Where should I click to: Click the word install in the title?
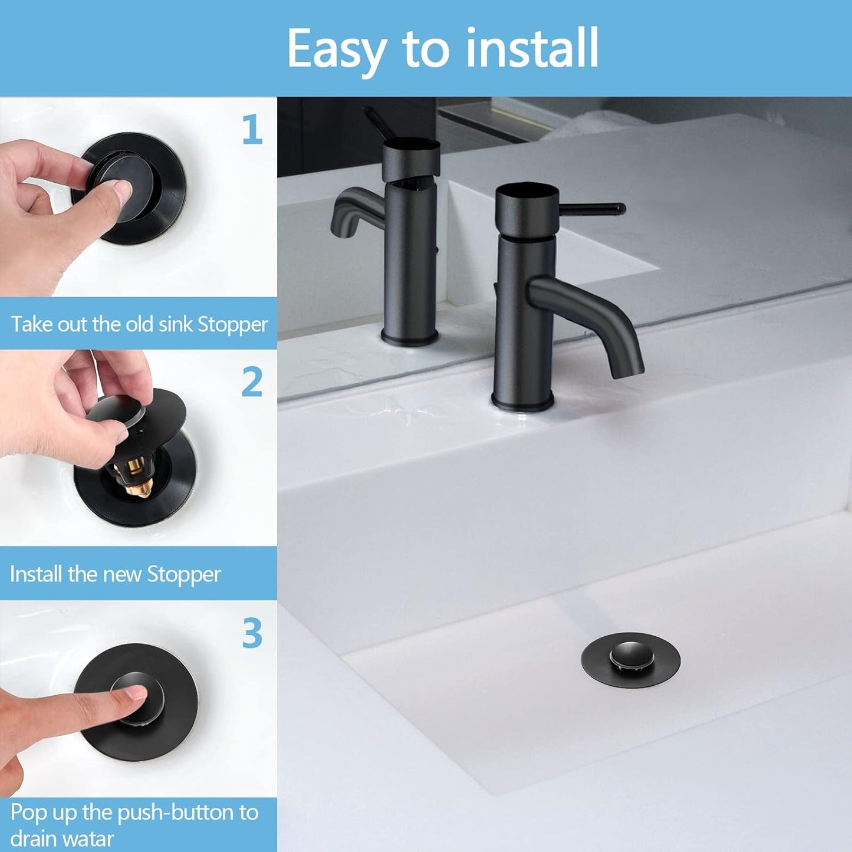click(x=532, y=48)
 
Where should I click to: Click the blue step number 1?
click(x=252, y=130)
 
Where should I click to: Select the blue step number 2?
click(x=252, y=382)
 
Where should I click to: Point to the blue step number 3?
click(x=252, y=633)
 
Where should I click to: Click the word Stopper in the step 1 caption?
click(x=232, y=325)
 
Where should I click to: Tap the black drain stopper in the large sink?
click(x=630, y=659)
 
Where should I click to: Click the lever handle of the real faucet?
click(x=593, y=209)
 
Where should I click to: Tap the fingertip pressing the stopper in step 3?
click(x=136, y=693)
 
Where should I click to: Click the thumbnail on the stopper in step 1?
click(x=123, y=190)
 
